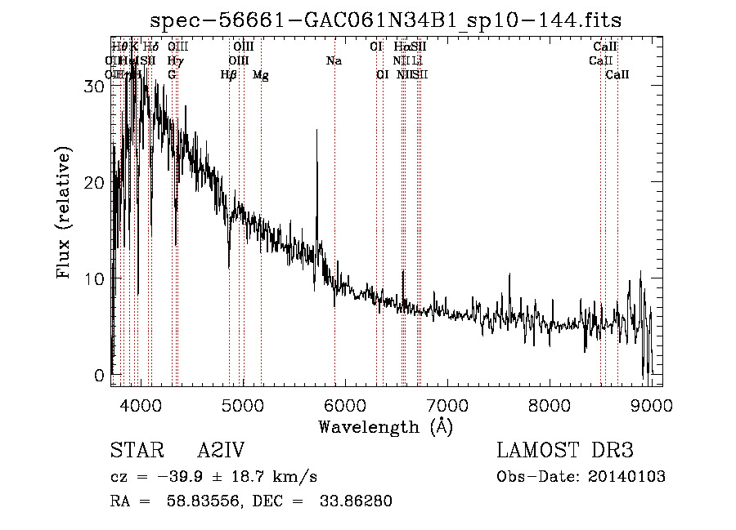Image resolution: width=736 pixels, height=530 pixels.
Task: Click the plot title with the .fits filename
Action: [x=393, y=20]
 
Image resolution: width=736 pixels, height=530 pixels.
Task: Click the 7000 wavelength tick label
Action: [x=447, y=405]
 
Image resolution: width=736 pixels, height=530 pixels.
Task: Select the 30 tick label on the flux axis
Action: [x=95, y=87]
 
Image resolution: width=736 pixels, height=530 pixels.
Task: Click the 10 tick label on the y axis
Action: [x=95, y=279]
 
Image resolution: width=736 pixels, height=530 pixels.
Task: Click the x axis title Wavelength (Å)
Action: [x=385, y=426]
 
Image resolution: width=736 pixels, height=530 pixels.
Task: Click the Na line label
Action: [x=334, y=61]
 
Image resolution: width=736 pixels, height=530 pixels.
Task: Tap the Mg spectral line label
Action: [x=260, y=75]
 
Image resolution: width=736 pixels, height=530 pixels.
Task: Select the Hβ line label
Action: [x=229, y=75]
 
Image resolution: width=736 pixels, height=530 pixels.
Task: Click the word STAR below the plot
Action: [x=136, y=451]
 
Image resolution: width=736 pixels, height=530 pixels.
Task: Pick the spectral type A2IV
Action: [x=221, y=451]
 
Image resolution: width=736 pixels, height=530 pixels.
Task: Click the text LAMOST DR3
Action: [x=565, y=451]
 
